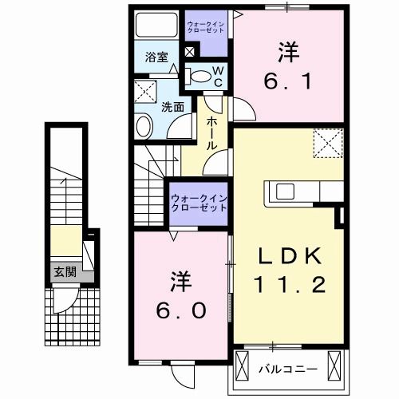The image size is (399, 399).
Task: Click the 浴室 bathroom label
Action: point(156,57)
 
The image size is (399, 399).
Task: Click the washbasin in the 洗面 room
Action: point(144,125)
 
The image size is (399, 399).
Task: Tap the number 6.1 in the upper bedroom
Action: point(288,79)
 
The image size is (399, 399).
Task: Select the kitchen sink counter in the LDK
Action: point(298,192)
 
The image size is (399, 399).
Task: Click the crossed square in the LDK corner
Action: point(323,144)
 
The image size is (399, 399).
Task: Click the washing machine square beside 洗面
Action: point(145,89)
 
